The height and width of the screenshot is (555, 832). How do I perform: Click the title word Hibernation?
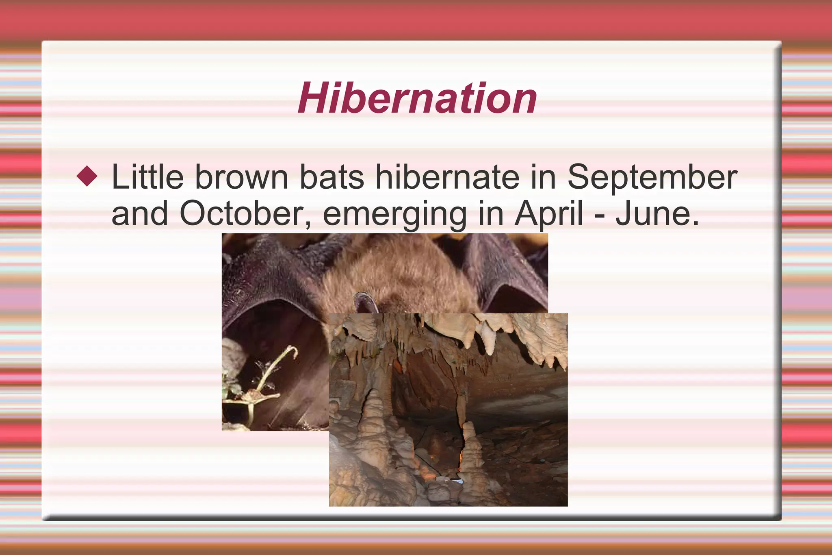(417, 98)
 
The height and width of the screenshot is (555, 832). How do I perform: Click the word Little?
(147, 177)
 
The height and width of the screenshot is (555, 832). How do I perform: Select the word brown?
(241, 177)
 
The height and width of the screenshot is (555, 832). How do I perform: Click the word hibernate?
(447, 177)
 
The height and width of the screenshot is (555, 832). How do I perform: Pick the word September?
(652, 177)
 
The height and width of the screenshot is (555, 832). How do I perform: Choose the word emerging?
(394, 214)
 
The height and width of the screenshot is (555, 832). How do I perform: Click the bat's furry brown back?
(402, 272)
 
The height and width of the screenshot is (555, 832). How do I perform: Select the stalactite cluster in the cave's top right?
(536, 337)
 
